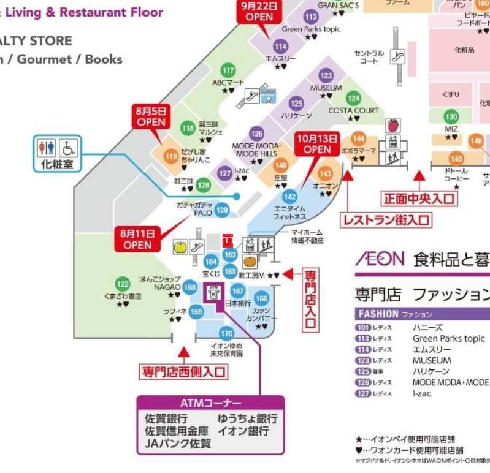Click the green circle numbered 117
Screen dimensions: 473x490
coord(228,70)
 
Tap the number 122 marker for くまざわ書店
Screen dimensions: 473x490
coord(123,284)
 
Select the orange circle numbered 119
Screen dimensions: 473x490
coord(171,157)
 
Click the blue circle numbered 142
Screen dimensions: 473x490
coord(289,197)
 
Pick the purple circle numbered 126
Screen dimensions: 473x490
coord(256,134)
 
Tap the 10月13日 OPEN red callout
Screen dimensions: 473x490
coord(317,144)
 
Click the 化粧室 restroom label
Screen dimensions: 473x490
coord(58,164)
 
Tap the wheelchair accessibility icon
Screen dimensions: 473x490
coord(69,148)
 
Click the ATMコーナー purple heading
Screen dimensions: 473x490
coord(210,403)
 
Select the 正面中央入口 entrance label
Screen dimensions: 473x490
coord(419,199)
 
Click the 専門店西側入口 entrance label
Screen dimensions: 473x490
coord(183,371)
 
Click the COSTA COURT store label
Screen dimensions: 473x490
coord(354,110)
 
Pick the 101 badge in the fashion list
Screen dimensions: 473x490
coord(364,327)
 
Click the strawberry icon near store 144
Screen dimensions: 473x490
coord(392,126)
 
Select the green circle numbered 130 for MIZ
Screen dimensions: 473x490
coord(451,117)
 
